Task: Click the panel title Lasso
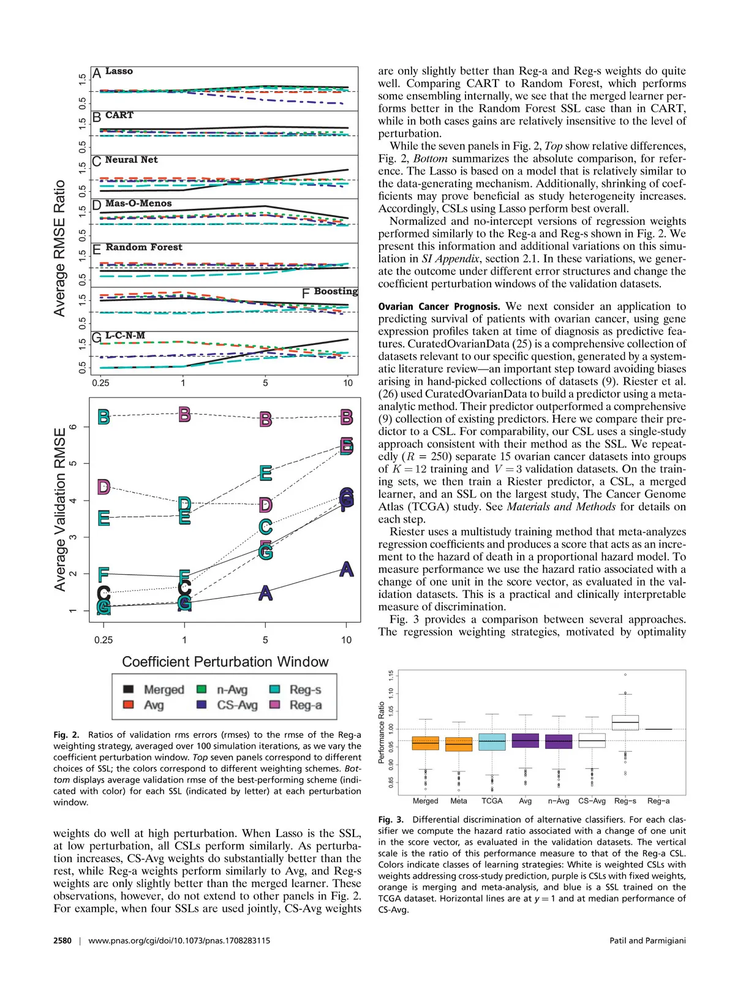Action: click(119, 71)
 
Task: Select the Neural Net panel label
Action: click(131, 159)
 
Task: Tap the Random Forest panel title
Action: click(144, 247)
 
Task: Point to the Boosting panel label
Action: click(336, 291)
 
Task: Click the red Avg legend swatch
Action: click(129, 705)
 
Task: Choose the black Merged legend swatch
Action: click(129, 689)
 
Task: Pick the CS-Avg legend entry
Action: click(237, 705)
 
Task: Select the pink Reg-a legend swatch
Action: click(275, 705)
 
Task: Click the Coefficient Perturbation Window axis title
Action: click(225, 662)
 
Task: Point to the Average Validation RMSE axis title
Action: click(60, 509)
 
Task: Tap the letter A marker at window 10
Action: click(347, 569)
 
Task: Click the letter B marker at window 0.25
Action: click(104, 417)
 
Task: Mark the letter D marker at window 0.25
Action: click(104, 487)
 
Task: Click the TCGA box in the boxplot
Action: click(492, 741)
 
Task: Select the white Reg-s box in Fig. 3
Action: click(625, 722)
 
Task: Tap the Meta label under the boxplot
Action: click(459, 801)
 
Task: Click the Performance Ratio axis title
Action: click(382, 732)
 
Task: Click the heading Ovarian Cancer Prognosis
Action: click(439, 306)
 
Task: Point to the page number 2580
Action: click(62, 940)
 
